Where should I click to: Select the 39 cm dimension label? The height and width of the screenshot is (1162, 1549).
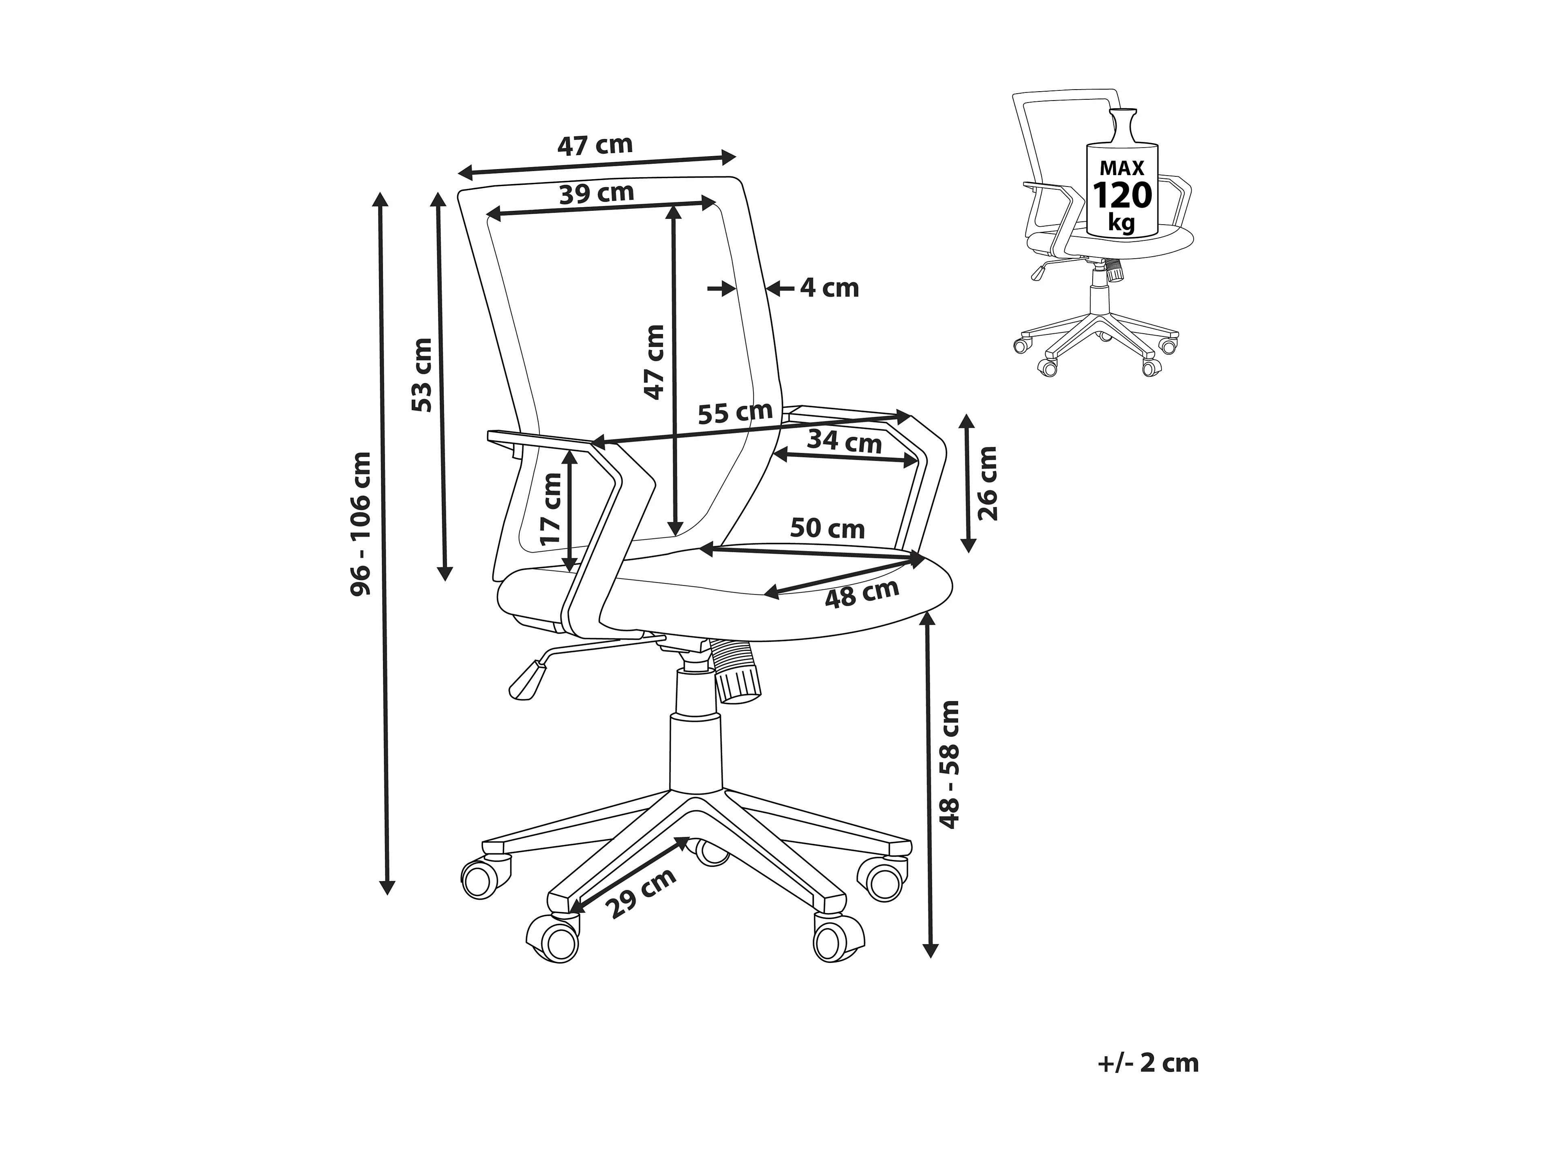coord(597,193)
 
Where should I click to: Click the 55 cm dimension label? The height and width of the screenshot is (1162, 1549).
coord(735,413)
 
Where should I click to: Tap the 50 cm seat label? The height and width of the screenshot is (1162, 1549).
coord(827,528)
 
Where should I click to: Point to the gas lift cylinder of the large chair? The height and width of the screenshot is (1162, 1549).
coord(695,752)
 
